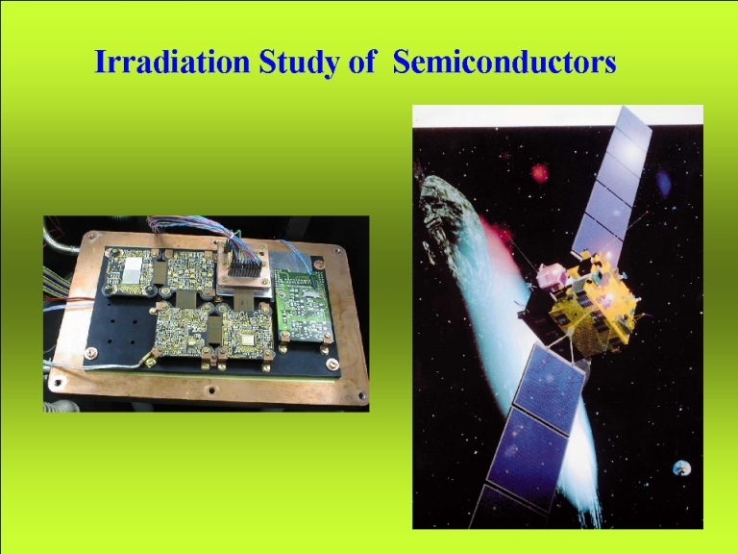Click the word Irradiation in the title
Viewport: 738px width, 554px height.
172,62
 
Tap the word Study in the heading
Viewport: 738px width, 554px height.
299,63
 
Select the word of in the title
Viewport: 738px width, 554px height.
361,62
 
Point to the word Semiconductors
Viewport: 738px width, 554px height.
504,62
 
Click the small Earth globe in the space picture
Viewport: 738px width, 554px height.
681,468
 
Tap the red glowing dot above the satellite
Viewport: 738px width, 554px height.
540,173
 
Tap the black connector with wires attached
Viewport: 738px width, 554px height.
244,267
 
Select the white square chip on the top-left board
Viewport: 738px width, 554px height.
132,270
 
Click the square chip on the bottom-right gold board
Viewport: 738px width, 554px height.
246,340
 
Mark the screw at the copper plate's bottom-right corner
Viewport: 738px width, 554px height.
361,395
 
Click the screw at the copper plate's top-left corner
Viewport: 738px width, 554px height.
91,237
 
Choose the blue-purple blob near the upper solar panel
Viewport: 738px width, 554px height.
664,184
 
